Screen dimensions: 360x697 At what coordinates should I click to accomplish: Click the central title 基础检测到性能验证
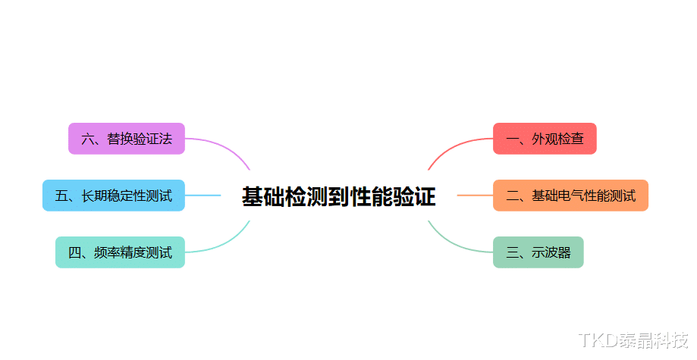click(x=339, y=197)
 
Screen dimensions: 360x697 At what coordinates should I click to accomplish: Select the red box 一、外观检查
click(x=545, y=139)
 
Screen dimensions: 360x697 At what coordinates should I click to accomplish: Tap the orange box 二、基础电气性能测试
click(x=570, y=196)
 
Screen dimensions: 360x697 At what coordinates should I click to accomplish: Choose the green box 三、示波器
click(x=538, y=252)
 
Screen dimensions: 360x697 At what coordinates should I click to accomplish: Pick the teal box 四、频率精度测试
click(x=120, y=252)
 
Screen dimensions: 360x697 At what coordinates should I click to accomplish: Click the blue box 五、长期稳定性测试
click(x=113, y=196)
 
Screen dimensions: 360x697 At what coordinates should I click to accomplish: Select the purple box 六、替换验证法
click(x=127, y=139)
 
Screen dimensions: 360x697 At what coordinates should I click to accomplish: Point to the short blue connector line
click(x=203, y=196)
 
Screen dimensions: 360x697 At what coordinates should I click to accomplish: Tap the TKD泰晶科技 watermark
click(x=633, y=340)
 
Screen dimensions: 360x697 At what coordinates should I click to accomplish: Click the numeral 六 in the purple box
click(x=87, y=139)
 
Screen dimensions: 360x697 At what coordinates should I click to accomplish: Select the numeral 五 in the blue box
click(x=61, y=196)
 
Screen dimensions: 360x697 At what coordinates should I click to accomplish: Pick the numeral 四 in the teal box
click(x=74, y=252)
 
